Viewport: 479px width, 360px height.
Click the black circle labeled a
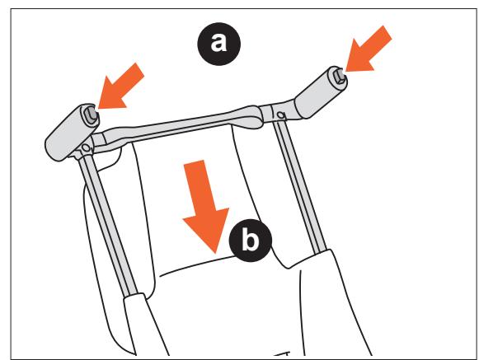218,44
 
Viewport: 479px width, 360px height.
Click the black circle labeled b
250,240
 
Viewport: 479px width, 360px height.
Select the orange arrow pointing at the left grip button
120,86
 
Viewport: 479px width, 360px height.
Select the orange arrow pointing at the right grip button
368,49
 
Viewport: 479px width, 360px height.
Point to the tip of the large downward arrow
216,254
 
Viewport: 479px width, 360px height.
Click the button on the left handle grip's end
91,114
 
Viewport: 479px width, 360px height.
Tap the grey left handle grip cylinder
72,132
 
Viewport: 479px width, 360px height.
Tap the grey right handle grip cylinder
321,92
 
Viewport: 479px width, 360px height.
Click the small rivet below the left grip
86,148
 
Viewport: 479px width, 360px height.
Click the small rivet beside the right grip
280,115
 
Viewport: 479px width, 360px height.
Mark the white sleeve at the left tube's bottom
146,325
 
